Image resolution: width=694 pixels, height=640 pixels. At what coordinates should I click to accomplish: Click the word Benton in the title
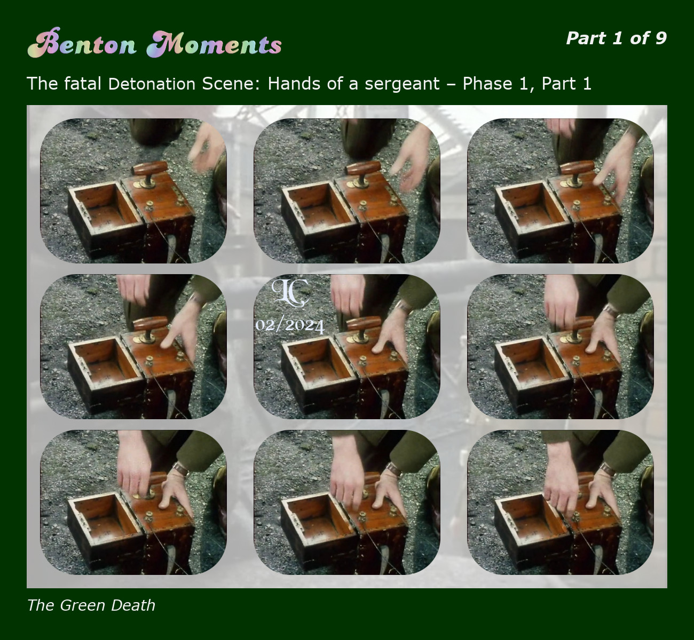(82, 43)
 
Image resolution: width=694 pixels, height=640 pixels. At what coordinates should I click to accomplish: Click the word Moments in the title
(214, 44)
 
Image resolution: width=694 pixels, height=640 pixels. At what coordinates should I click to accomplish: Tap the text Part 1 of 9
(617, 38)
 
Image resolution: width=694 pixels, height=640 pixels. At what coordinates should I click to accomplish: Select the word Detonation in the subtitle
(152, 84)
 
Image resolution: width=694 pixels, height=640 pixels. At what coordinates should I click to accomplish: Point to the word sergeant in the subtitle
(402, 84)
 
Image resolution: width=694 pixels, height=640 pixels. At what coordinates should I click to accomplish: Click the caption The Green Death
(91, 605)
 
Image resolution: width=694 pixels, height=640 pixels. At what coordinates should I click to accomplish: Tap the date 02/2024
(290, 325)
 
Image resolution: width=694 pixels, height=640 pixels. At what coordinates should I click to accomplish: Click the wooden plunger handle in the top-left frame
(150, 169)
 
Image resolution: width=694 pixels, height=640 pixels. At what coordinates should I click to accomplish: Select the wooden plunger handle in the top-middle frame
(364, 169)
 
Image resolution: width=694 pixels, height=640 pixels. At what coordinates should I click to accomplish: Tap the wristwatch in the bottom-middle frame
(393, 469)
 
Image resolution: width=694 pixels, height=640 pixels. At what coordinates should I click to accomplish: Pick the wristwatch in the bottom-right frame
(608, 469)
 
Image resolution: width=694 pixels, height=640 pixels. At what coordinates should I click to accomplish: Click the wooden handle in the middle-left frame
(151, 324)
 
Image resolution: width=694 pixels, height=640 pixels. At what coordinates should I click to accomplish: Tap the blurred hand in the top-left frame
(206, 147)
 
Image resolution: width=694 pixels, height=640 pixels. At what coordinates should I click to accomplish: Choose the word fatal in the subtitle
(82, 84)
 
